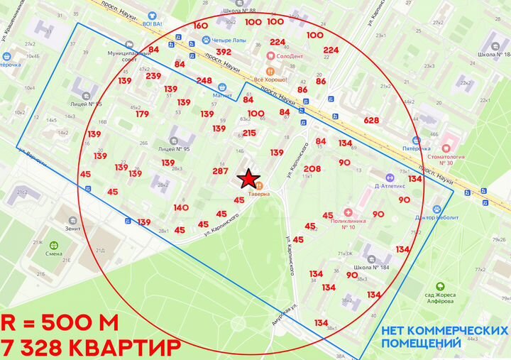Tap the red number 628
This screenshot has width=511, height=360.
(x=371, y=120)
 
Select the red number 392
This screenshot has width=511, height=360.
(x=224, y=52)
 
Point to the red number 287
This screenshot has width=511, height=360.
(x=220, y=171)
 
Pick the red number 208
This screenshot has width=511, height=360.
(x=312, y=168)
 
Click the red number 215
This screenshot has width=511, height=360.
(x=249, y=133)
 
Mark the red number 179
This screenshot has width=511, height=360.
(x=142, y=114)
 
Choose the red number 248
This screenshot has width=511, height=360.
(x=204, y=80)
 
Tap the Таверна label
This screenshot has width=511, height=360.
(x=258, y=193)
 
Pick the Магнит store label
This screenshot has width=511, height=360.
(x=222, y=94)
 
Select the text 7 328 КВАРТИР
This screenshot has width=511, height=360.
(x=90, y=348)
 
